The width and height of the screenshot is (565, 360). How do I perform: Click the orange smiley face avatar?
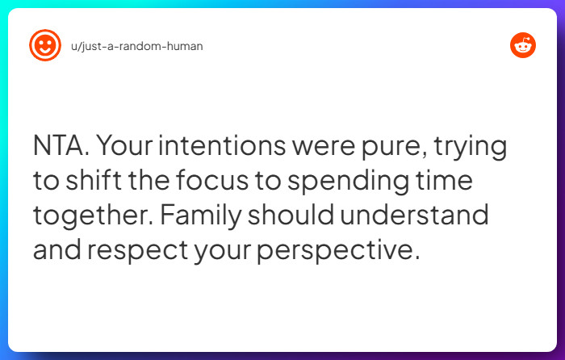point(44,45)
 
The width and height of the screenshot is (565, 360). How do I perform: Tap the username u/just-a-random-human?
point(136,46)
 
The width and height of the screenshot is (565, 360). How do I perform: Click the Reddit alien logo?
point(522,45)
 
